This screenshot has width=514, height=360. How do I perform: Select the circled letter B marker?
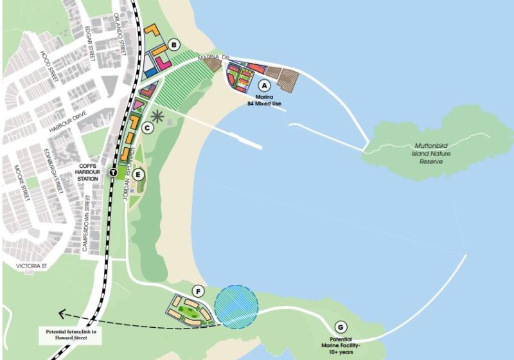click(x=173, y=45)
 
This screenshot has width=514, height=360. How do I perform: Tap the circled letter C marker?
click(x=147, y=128)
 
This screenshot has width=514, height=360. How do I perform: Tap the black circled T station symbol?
click(x=113, y=172)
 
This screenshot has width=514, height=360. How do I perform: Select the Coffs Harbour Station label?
click(x=88, y=171)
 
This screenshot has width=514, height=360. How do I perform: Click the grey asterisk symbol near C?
click(x=157, y=117)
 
